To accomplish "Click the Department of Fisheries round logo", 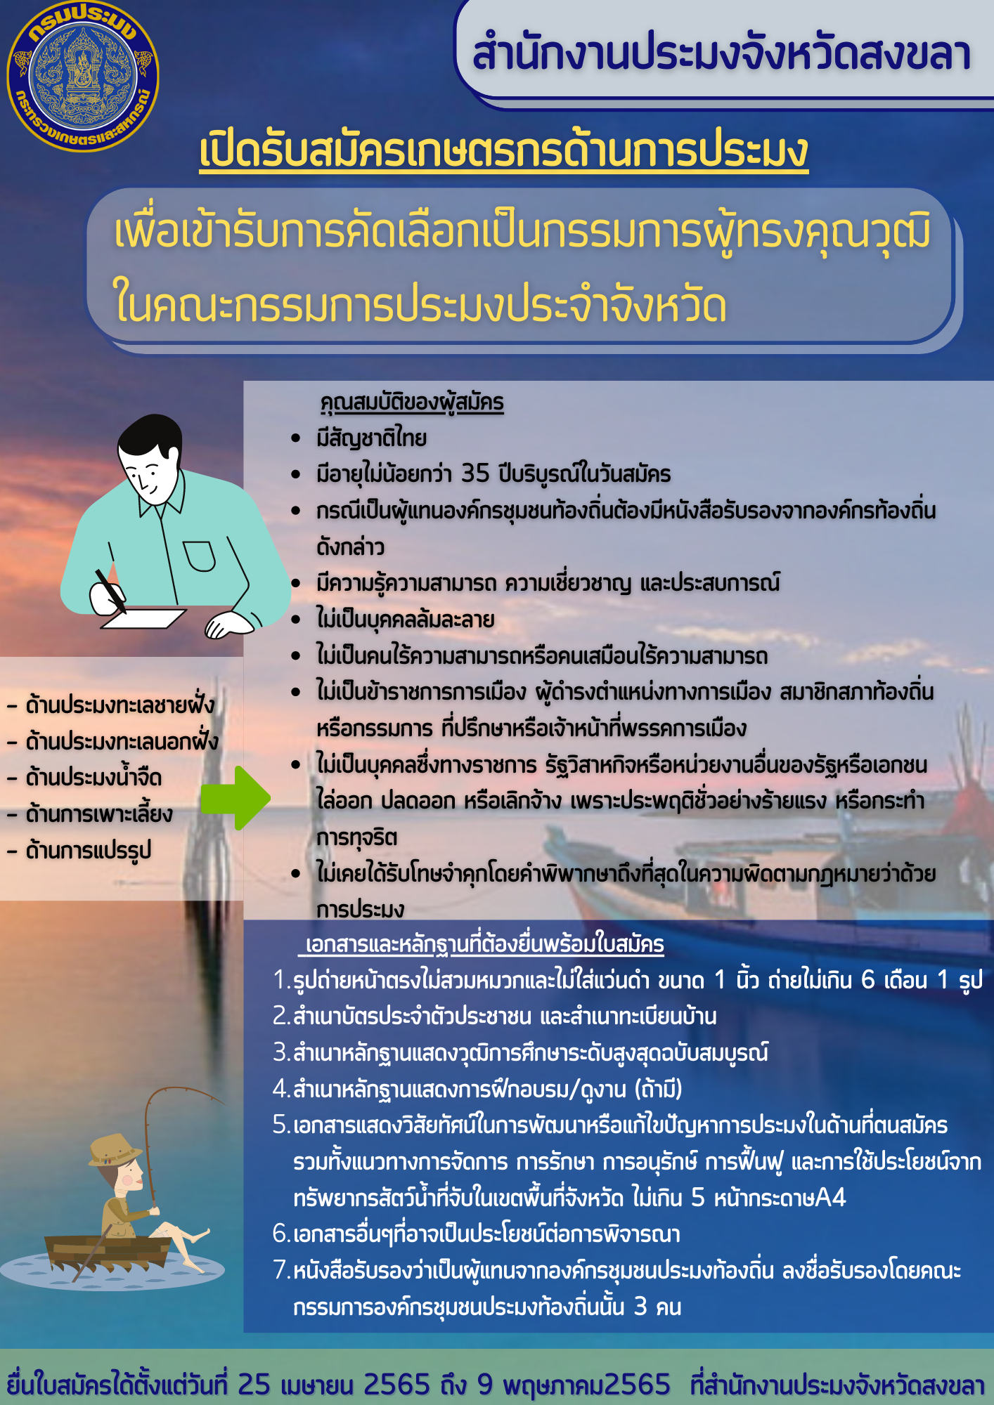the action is click(x=83, y=77).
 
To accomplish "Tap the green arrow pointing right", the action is click(x=235, y=798).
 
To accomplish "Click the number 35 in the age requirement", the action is click(x=475, y=473).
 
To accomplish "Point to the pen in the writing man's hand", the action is click(x=111, y=591).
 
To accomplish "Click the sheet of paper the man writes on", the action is click(x=143, y=618).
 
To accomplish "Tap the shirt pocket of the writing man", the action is click(x=200, y=556).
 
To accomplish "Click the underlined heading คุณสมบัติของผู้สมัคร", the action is click(x=412, y=403).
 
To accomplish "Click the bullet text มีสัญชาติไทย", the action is click(x=371, y=438).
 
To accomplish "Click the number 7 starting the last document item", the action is click(x=280, y=1270).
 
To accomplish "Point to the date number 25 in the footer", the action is click(x=254, y=1385).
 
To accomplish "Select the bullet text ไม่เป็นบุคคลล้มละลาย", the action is click(x=406, y=619).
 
